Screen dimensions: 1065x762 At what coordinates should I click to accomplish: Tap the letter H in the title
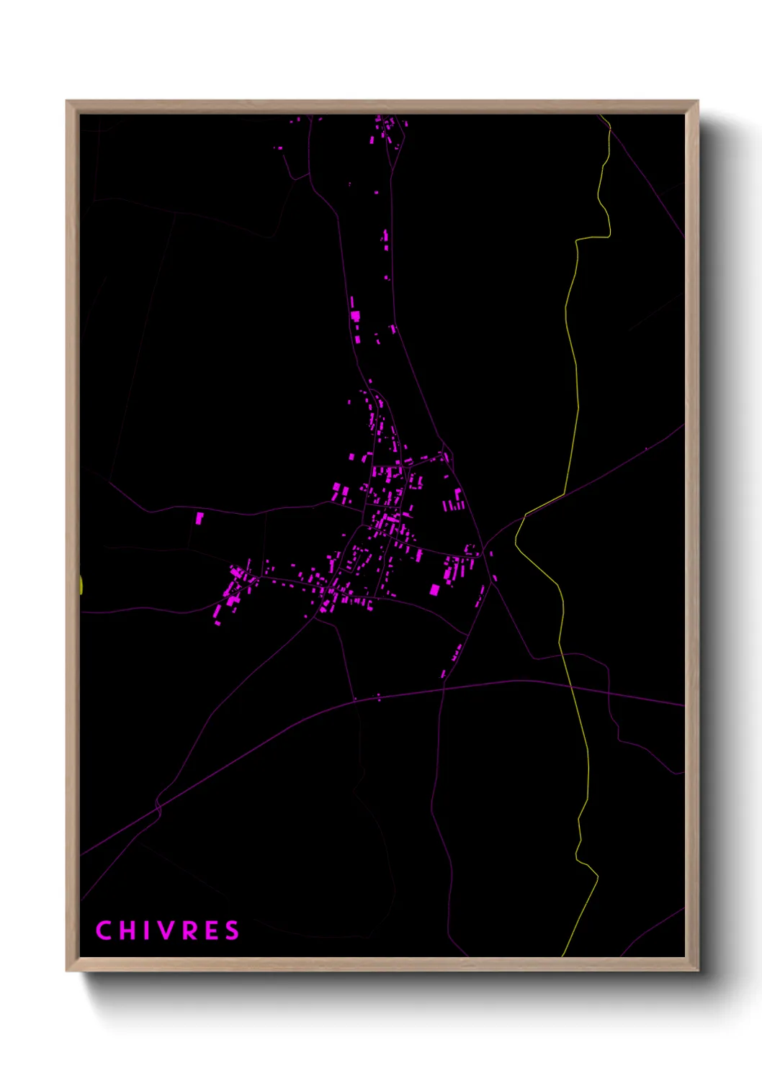click(128, 930)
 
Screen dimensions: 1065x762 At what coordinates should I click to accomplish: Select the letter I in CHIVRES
click(147, 930)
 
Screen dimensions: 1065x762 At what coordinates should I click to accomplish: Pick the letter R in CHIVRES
click(192, 930)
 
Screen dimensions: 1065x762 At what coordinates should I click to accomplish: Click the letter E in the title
click(212, 930)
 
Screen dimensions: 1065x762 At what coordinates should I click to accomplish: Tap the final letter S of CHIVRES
click(232, 930)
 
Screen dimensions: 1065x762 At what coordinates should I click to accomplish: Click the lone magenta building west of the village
click(200, 517)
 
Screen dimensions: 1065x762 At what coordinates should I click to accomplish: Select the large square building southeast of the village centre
click(434, 590)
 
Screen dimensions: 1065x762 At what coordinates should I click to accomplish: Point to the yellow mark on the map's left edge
click(81, 584)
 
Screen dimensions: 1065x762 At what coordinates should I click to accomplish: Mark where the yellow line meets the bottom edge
click(562, 956)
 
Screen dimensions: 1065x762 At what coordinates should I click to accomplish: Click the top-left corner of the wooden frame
click(68, 102)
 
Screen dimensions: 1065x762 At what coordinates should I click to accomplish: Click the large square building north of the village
click(354, 315)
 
